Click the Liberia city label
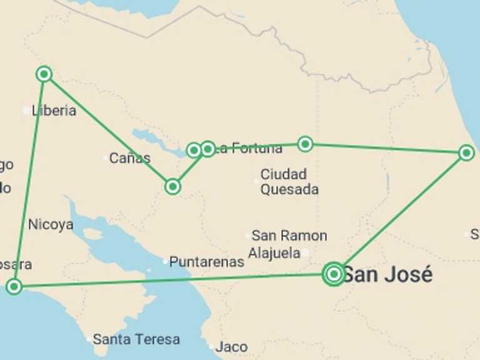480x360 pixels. [54, 111]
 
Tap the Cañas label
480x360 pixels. [130, 157]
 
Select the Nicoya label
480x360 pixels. [51, 224]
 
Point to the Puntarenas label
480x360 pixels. [207, 262]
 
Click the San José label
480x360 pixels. [387, 274]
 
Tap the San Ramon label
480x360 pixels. [289, 236]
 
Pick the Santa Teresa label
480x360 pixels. [136, 339]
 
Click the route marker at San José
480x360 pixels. [334, 274]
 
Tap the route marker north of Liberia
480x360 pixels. [44, 74]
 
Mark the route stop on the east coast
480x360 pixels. [466, 152]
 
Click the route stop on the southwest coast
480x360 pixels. [14, 287]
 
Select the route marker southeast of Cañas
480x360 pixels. [173, 186]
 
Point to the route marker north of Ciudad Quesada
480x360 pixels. [304, 144]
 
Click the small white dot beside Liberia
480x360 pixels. [26, 111]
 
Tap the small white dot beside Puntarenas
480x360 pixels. [166, 261]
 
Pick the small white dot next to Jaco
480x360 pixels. [212, 346]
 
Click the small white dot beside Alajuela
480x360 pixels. [306, 253]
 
